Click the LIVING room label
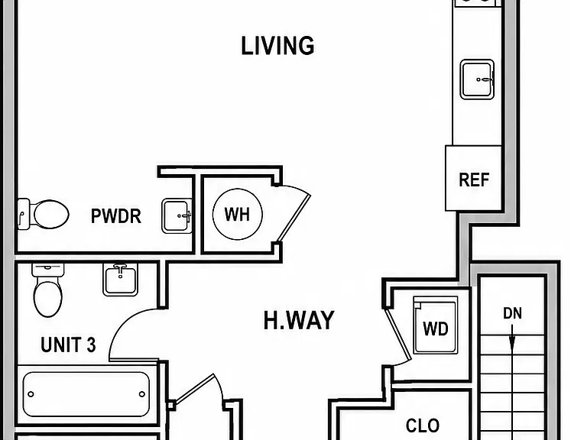coord(277,46)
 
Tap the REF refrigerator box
coord(473,178)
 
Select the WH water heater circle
coord(238,214)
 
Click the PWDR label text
coord(115,216)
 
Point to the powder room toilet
coord(43,214)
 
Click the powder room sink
coord(177,215)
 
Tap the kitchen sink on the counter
coord(477,79)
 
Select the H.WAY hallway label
coord(299,320)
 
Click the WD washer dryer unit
coord(436,325)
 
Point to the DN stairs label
coord(512,313)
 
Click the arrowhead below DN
coord(512,345)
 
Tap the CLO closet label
coord(423,425)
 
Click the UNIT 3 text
coord(68,345)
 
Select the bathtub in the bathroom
coord(86,394)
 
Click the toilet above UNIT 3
coord(47,290)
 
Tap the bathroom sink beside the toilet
coord(121,279)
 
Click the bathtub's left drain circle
coord(31,394)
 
